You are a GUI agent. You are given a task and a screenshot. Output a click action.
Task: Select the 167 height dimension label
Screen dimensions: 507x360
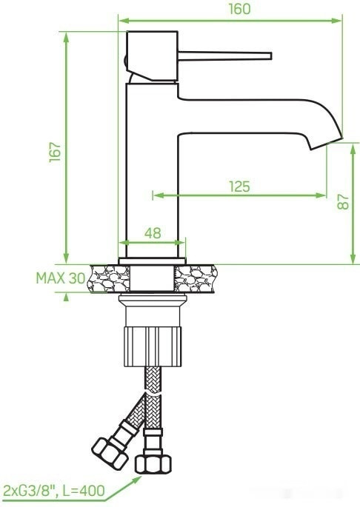(53, 152)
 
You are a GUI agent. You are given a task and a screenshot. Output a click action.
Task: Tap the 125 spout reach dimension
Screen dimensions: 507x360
(239, 187)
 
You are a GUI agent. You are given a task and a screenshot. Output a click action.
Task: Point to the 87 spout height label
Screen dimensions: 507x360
(342, 202)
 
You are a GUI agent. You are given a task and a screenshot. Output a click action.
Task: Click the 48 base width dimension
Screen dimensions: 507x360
(152, 232)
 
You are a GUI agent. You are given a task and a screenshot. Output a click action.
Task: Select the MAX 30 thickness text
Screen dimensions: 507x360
(59, 278)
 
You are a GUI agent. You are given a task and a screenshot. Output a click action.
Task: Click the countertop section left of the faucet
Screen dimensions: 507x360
(104, 278)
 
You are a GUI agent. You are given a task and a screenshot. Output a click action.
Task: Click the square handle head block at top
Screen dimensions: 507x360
(153, 55)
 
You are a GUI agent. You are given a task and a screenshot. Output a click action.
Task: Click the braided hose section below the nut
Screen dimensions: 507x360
(152, 396)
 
